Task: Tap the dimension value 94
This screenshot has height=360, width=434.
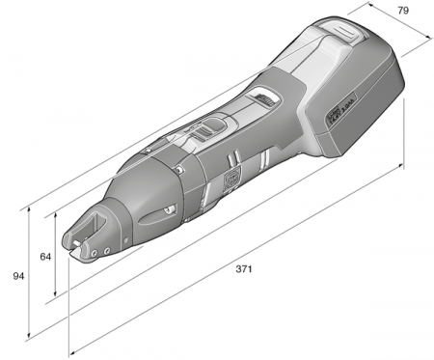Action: tap(17, 276)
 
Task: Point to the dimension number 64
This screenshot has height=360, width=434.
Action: tap(44, 257)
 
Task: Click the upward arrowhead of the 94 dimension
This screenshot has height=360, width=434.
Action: tap(32, 208)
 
